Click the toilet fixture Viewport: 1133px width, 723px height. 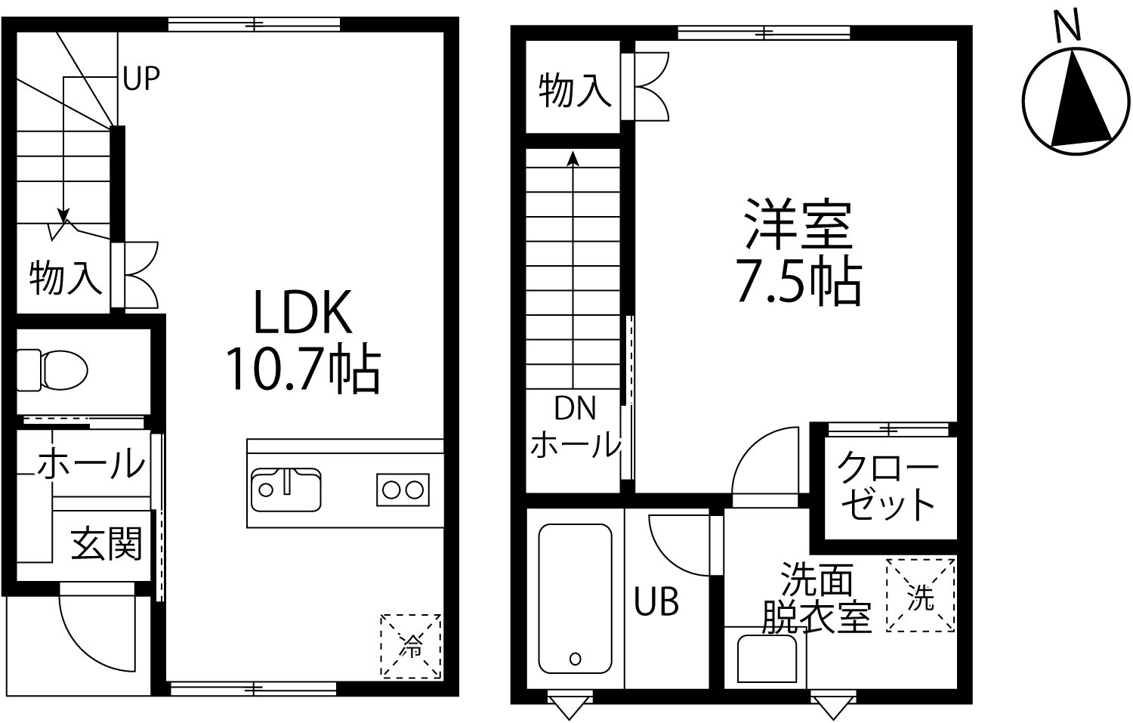tap(52, 370)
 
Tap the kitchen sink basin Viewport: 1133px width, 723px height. tap(286, 490)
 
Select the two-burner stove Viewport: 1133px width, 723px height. tap(403, 490)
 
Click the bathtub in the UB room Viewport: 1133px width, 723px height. tap(575, 598)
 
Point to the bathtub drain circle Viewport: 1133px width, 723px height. tap(575, 659)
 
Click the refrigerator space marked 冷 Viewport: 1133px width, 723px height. tap(411, 646)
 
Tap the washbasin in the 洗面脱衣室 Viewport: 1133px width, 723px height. tap(767, 659)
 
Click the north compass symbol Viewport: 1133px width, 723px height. tap(1076, 100)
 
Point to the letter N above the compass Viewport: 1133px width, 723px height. tap(1068, 25)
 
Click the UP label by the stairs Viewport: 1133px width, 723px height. tap(141, 79)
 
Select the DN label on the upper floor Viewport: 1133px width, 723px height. tap(575, 408)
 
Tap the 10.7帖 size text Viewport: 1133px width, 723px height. tap(303, 369)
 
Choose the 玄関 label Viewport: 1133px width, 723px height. tap(107, 544)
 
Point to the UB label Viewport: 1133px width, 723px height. tap(656, 602)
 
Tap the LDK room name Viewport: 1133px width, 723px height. tap(302, 312)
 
